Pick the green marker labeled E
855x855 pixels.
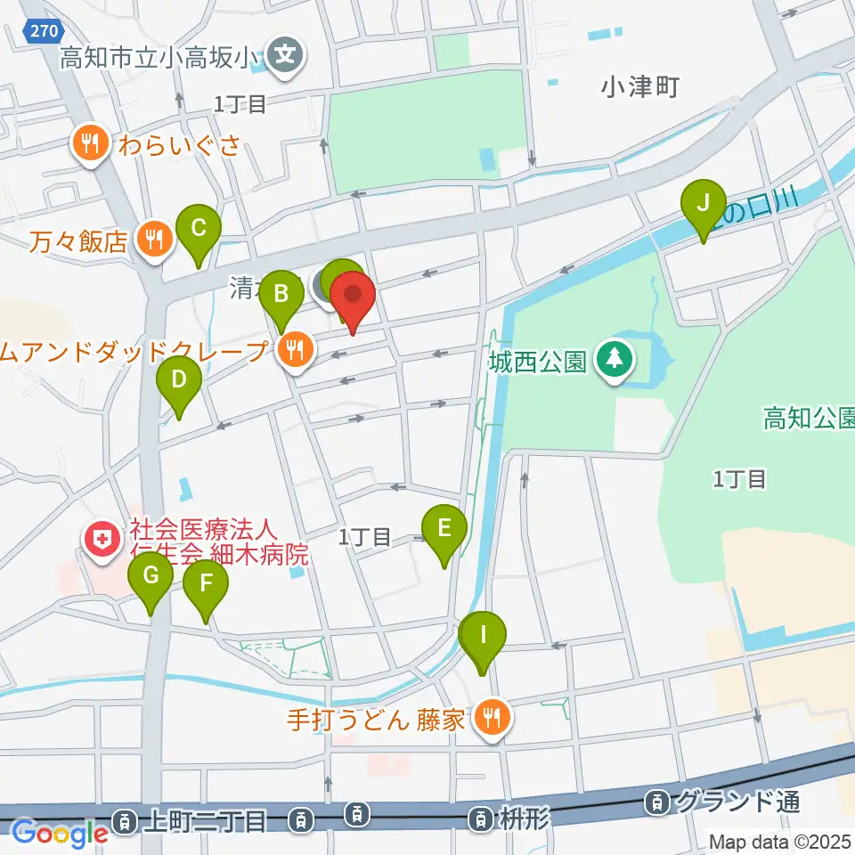pyautogui.click(x=444, y=529)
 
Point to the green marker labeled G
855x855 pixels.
pyautogui.click(x=151, y=576)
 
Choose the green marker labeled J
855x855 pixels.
pyautogui.click(x=704, y=204)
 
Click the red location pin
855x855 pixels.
pyautogui.click(x=353, y=295)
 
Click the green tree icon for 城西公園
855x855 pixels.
pyautogui.click(x=614, y=361)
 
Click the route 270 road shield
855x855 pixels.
pyautogui.click(x=42, y=31)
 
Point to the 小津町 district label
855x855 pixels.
pyautogui.click(x=640, y=86)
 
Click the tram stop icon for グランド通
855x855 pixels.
pyautogui.click(x=657, y=802)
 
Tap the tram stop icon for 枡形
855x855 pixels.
pyautogui.click(x=482, y=817)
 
